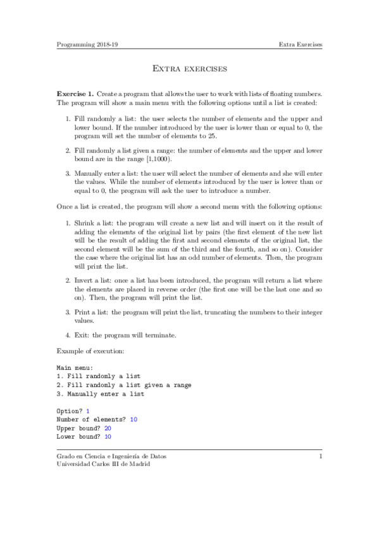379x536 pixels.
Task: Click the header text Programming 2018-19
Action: coord(81,45)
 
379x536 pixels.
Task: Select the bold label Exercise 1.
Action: coord(75,94)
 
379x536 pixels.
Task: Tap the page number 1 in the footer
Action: coord(321,456)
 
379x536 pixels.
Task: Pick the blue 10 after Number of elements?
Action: coord(134,419)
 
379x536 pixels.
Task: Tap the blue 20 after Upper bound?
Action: coord(108,428)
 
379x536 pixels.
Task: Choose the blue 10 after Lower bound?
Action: coord(108,437)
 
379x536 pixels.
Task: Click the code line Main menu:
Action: coord(75,367)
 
